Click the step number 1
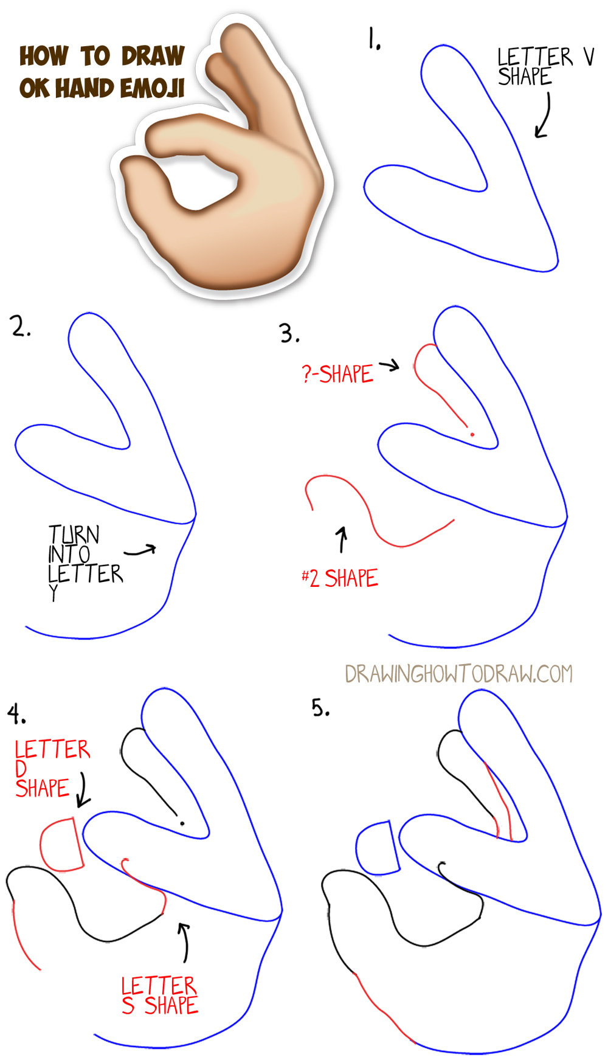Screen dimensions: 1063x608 point(373,39)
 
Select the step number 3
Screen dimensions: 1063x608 point(289,334)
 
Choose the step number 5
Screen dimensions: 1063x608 point(320,708)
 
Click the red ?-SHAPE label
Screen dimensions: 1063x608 point(337,374)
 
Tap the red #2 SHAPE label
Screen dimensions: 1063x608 point(340,578)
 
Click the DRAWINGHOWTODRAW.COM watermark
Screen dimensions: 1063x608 point(458,674)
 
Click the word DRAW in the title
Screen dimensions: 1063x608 point(153,56)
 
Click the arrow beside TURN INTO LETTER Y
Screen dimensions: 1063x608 point(140,550)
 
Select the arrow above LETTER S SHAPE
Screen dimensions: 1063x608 point(184,942)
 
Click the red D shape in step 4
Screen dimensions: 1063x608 point(61,846)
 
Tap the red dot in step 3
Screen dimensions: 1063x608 point(472,434)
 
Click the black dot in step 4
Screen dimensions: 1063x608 point(182,823)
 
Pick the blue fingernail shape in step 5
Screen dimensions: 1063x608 point(378,849)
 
